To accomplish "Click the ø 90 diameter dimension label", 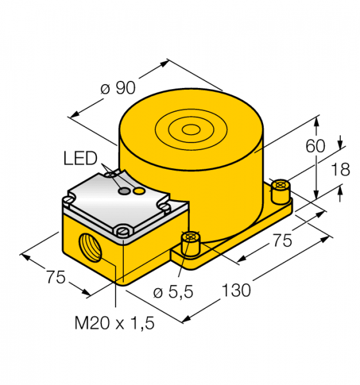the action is tap(118, 88).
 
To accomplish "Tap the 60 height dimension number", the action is tap(315, 146).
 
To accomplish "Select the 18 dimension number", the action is tap(340, 169).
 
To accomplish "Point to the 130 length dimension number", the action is tap(236, 290).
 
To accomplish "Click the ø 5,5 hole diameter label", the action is tap(173, 292).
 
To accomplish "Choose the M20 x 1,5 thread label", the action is tap(114, 323).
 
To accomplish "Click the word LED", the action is tap(80, 158).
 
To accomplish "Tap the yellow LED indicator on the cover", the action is tap(139, 191).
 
